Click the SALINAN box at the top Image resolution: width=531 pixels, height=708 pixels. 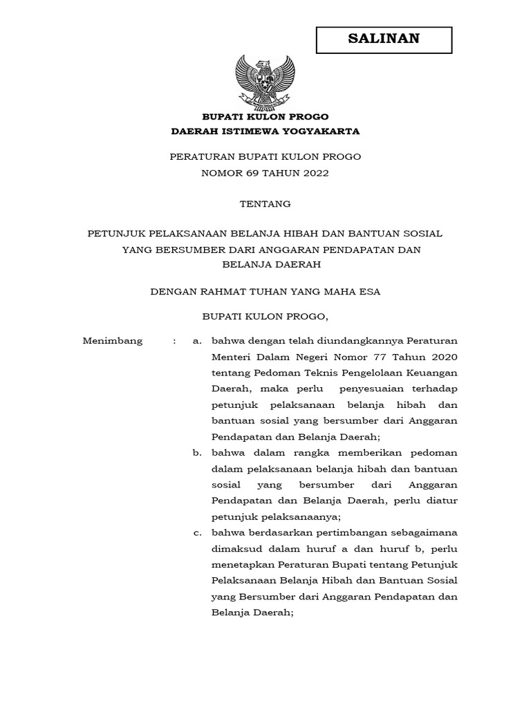coord(384,39)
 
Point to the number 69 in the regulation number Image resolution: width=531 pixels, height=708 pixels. coord(252,173)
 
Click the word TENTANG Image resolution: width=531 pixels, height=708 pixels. coord(265,203)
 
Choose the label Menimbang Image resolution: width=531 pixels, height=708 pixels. coord(113,341)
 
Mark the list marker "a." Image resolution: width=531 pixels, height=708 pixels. coord(197,341)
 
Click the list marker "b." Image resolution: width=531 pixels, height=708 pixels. coord(197,452)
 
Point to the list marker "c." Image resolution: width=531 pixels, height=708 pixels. coord(197,532)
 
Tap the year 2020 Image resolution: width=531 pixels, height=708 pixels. coord(442,357)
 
